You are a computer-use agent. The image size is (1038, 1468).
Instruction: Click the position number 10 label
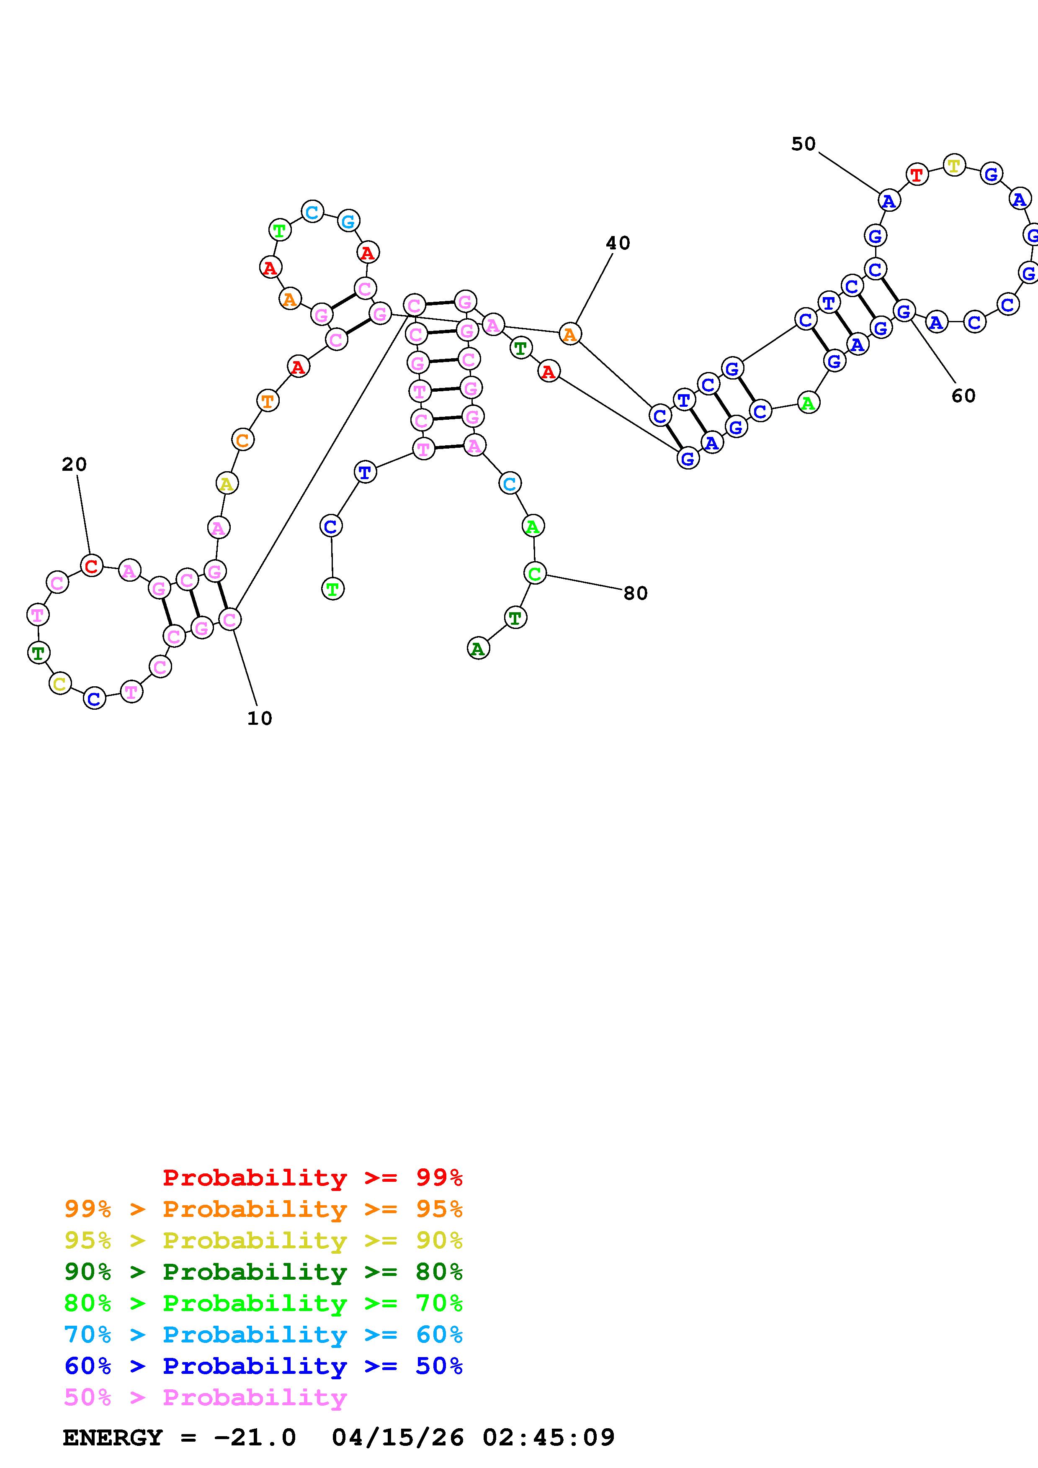(x=260, y=719)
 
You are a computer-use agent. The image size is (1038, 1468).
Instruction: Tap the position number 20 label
(x=74, y=465)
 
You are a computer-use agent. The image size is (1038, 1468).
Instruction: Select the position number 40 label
(x=618, y=243)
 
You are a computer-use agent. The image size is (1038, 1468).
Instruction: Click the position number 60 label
(x=963, y=396)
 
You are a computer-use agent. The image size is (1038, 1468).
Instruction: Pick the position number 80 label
(x=635, y=593)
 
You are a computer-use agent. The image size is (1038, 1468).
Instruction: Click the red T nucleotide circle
(x=917, y=174)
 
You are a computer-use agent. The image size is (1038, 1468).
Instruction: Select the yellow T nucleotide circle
(x=953, y=166)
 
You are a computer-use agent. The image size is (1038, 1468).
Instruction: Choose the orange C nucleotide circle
(x=242, y=440)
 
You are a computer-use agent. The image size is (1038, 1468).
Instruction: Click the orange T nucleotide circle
(x=267, y=401)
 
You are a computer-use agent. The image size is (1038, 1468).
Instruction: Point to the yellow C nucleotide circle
(x=59, y=683)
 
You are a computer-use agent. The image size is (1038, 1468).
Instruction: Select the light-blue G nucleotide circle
(x=348, y=221)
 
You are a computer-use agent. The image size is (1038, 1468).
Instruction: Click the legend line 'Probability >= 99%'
(x=313, y=1177)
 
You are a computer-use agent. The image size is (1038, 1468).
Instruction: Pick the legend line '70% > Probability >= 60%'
(x=263, y=1335)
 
